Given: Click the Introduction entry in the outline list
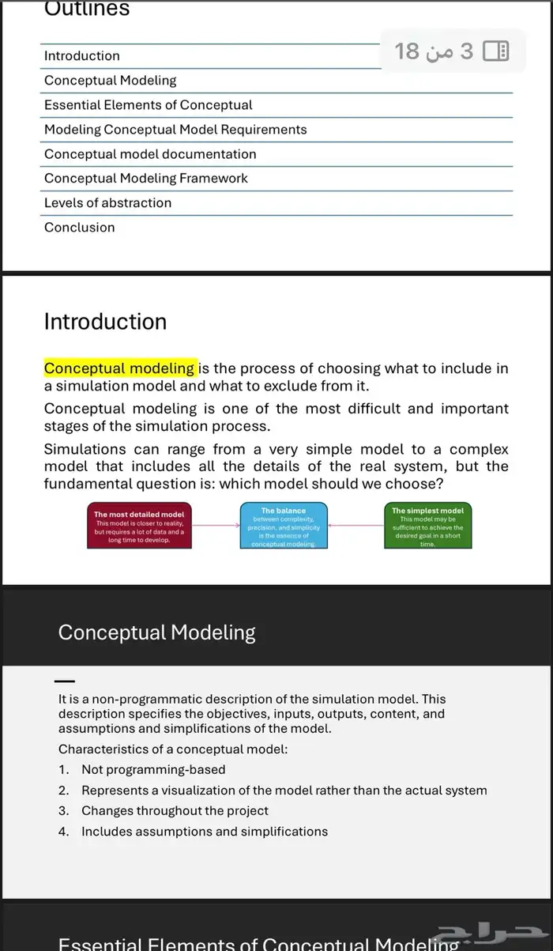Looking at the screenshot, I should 82,56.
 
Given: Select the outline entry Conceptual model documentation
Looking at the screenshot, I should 150,154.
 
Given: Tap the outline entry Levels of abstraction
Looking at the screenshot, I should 107,203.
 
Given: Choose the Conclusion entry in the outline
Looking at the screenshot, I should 79,228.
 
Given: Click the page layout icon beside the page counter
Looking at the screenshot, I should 495,52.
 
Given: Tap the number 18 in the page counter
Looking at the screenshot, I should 407,52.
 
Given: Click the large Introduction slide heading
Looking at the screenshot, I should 105,322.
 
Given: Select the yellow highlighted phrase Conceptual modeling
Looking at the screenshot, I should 119,368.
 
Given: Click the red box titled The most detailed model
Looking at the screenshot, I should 139,526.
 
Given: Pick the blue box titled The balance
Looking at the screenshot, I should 284,526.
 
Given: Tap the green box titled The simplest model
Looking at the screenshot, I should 427,526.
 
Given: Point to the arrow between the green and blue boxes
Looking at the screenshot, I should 355,525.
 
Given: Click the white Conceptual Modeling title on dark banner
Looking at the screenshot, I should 157,632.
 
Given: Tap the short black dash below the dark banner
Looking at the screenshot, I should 66,681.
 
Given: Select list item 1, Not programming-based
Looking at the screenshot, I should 153,770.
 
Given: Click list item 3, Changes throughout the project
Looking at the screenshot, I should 175,811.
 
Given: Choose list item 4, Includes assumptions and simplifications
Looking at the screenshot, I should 205,832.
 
